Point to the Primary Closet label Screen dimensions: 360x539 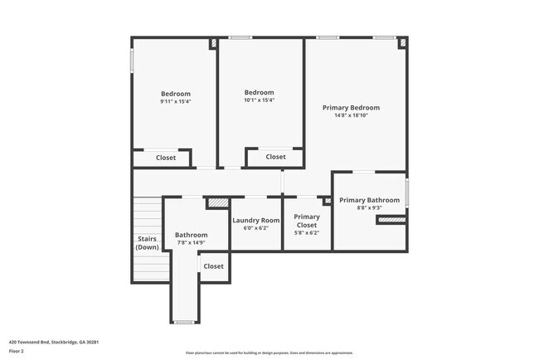coord(307,221)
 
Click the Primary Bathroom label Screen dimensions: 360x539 coord(369,200)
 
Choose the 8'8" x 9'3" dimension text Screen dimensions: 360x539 coord(369,208)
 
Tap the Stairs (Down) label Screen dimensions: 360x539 coord(148,243)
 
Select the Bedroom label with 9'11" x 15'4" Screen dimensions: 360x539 coord(175,94)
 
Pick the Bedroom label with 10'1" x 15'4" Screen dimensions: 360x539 coord(259,92)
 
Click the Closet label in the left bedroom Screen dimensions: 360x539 coord(166,158)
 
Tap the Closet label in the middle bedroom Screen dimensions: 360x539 coord(275,157)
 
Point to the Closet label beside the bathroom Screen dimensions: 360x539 coord(213,266)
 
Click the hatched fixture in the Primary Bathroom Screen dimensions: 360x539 coord(391,220)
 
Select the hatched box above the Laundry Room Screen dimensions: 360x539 coord(217,202)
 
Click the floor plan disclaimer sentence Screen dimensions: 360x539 coord(269,353)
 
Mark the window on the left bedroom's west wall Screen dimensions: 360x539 coord(132,61)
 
